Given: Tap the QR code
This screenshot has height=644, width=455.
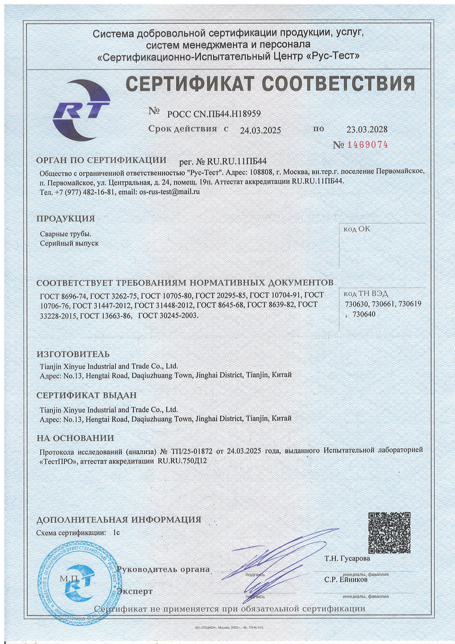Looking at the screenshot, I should click(389, 532).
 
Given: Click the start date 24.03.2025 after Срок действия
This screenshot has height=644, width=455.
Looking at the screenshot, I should click(260, 130).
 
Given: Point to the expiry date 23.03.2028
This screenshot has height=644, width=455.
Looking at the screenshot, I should click(367, 129).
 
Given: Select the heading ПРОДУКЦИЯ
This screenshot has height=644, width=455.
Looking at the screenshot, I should click(66, 219).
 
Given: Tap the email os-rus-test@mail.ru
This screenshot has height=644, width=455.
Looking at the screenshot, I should click(169, 192).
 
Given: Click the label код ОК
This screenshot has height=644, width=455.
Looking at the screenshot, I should click(356, 229).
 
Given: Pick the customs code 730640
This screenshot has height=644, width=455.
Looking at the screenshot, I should click(364, 314).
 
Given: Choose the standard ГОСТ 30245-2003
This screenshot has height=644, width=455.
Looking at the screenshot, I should click(168, 315).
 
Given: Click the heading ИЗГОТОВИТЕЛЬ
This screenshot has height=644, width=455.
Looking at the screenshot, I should click(73, 354).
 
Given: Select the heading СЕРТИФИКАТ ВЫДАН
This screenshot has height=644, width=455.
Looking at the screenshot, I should click(86, 395).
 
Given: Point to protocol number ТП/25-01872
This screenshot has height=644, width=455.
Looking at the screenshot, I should click(192, 451).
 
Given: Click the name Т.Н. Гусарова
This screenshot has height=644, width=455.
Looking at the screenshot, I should click(347, 559).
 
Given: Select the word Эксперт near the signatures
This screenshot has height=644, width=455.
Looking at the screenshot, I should click(135, 591).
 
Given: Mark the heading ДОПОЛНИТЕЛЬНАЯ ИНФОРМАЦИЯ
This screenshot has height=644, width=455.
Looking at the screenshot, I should click(119, 520).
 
